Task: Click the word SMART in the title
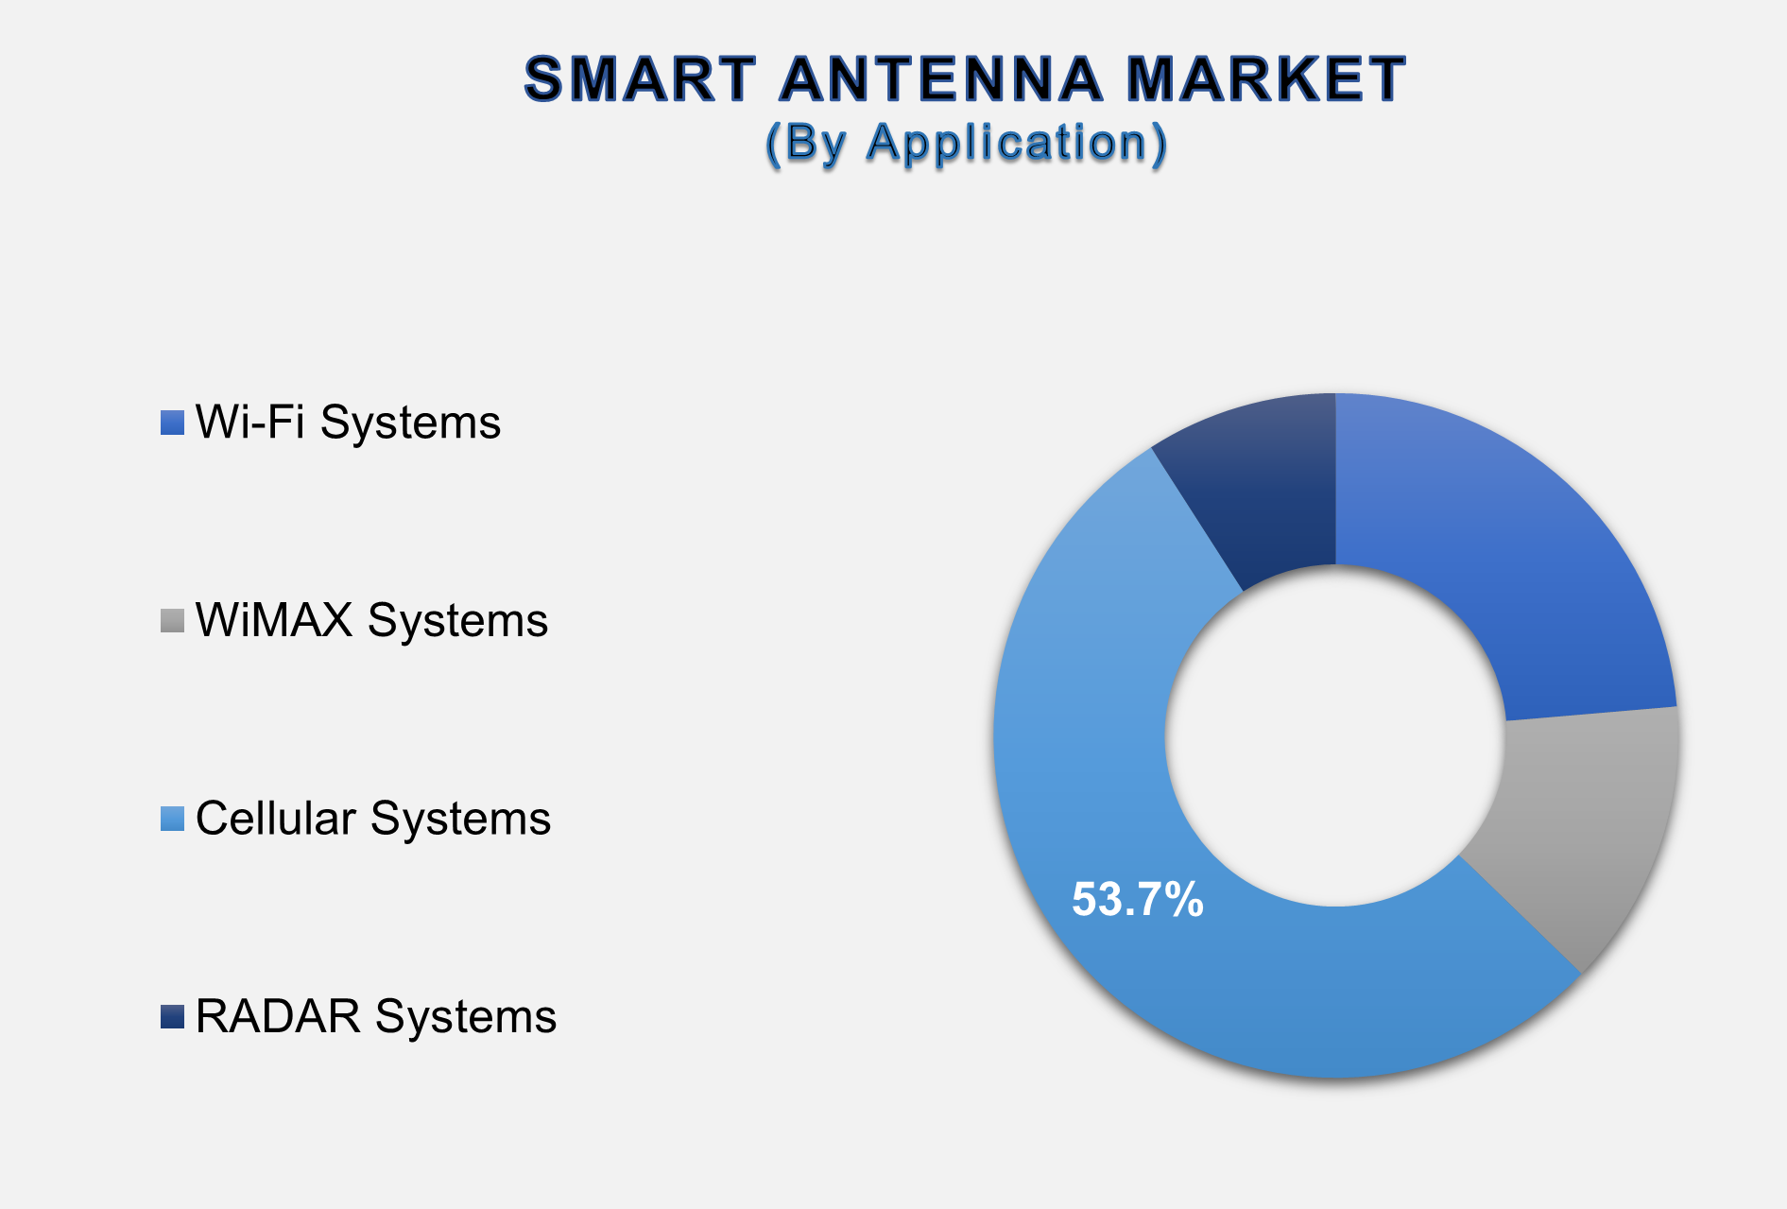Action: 641,78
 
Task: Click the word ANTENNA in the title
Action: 941,78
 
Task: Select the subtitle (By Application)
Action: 967,144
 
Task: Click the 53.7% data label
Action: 1138,899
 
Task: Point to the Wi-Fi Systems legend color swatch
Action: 172,423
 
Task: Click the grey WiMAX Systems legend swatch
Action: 172,621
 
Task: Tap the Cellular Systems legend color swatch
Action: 172,819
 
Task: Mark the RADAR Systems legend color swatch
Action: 172,1017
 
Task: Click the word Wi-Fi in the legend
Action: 250,422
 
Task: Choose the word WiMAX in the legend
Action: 274,620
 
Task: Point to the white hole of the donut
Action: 1335,735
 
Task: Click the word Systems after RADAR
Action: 466,1018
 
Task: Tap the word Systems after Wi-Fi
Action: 410,423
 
